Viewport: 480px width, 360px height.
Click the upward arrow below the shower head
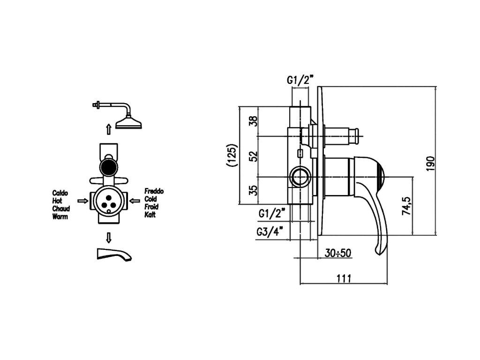(108, 128)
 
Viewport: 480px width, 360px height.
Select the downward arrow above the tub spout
(108, 237)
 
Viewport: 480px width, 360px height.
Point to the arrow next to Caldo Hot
(82, 201)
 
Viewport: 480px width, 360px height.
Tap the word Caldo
(60, 192)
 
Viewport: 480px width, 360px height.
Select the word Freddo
(154, 191)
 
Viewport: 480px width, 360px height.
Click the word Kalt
(150, 215)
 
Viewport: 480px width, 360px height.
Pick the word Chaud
(61, 209)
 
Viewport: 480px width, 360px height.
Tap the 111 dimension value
(344, 277)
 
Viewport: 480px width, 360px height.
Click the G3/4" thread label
(270, 231)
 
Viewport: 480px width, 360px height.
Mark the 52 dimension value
(253, 156)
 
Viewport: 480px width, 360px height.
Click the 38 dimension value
(253, 121)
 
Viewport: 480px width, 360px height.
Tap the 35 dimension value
(253, 190)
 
